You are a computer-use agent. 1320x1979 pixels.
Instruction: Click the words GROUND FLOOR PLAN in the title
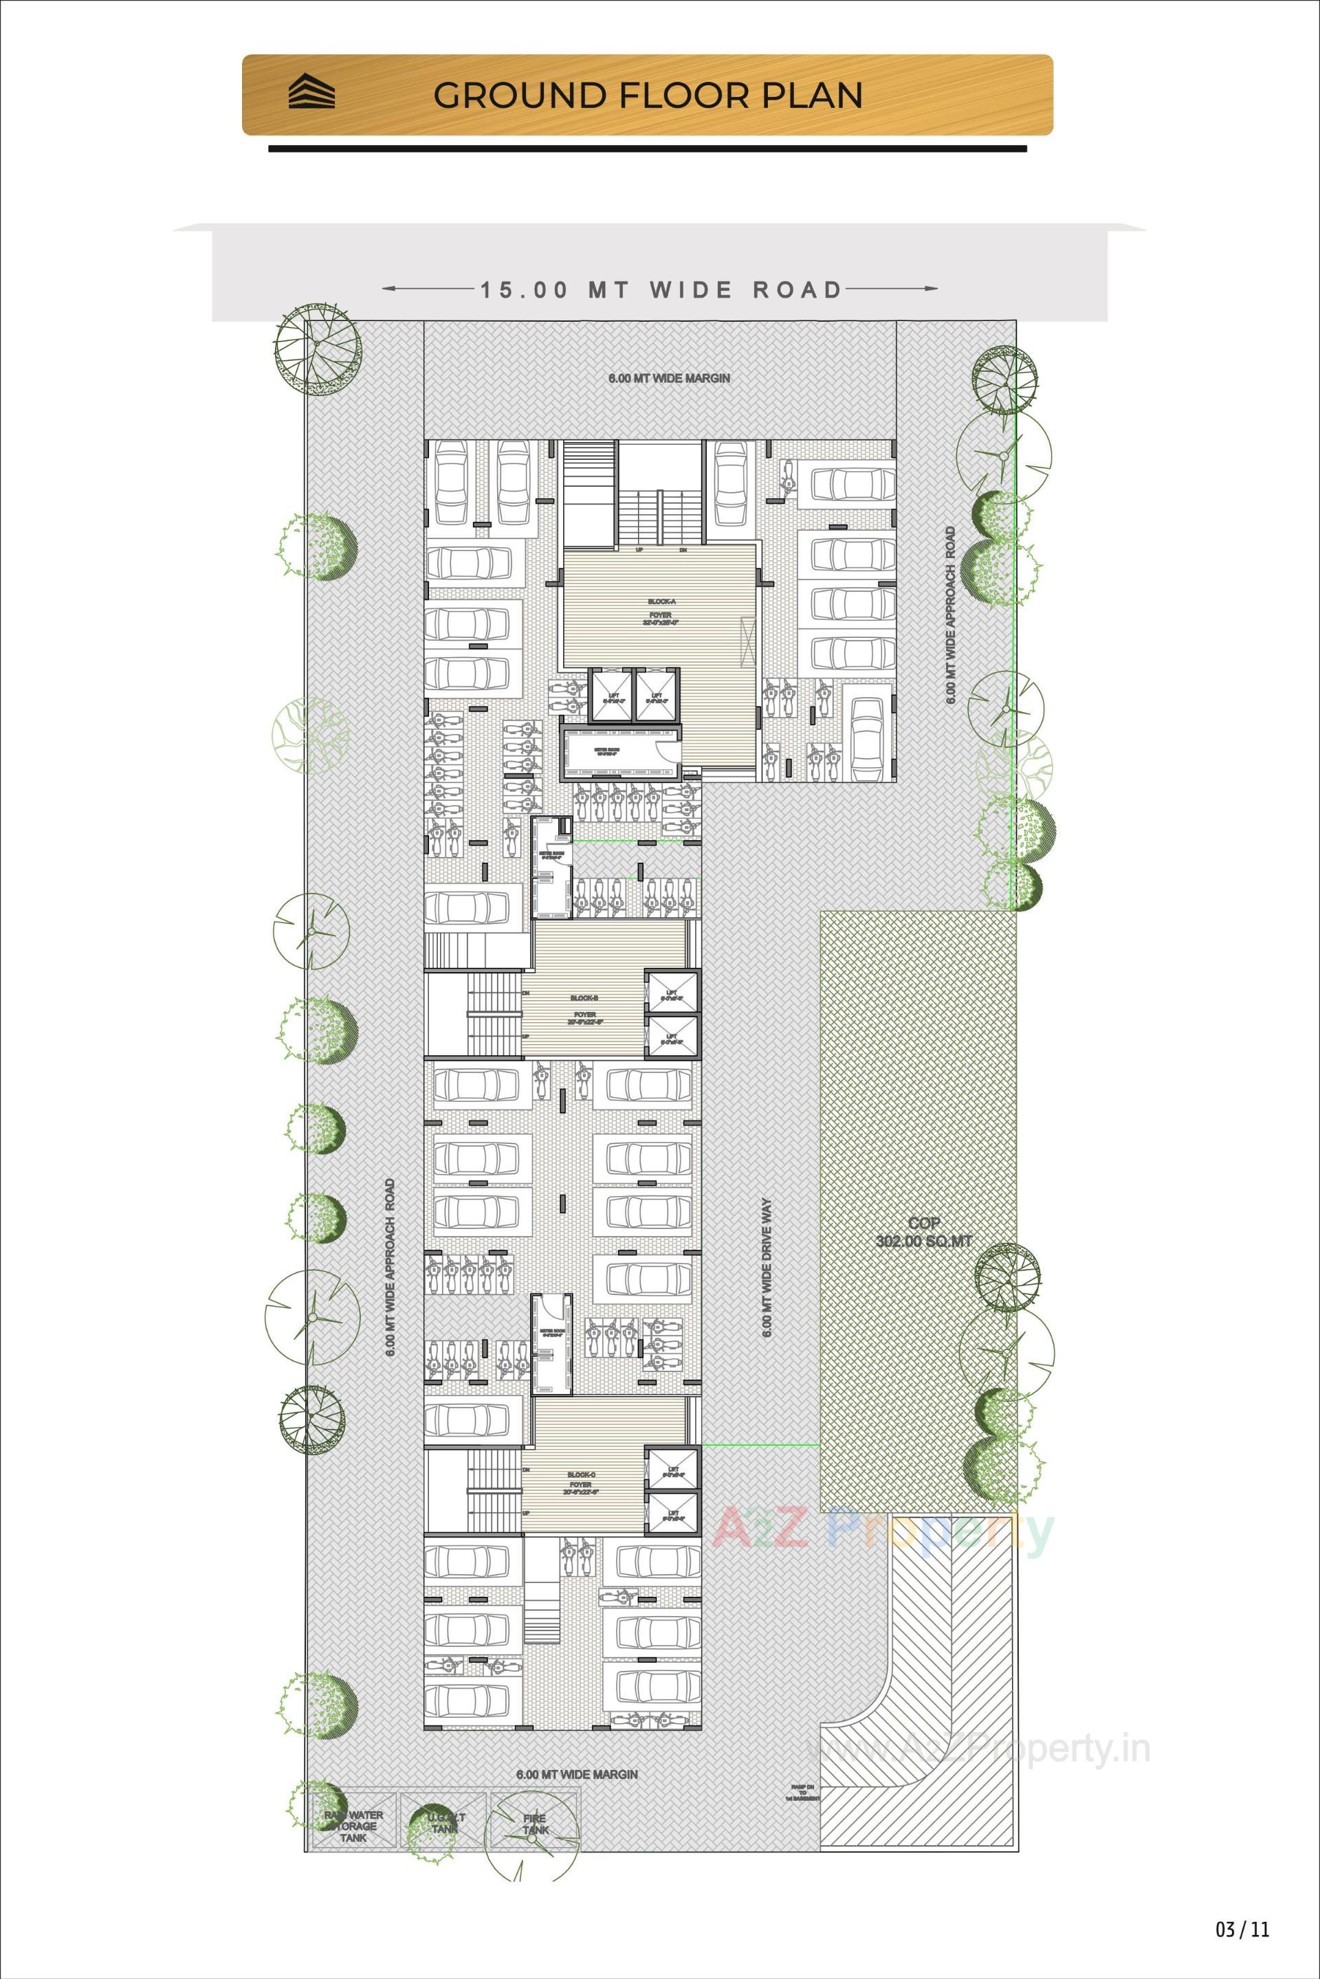point(648,95)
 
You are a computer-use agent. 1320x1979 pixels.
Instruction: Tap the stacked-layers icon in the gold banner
point(311,93)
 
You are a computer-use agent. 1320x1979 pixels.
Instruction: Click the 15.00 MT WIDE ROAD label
point(661,289)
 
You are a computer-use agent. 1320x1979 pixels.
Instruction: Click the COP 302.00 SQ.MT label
point(923,1232)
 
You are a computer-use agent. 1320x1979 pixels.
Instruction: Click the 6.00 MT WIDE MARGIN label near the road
point(669,379)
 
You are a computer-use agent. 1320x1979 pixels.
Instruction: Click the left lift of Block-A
point(611,696)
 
